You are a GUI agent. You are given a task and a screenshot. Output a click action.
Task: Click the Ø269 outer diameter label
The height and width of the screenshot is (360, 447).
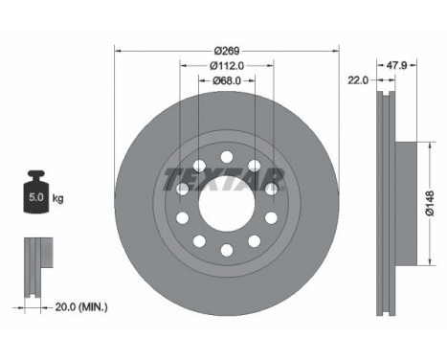click(227, 50)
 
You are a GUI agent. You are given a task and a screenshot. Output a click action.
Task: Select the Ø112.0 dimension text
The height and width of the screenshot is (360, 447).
click(227, 66)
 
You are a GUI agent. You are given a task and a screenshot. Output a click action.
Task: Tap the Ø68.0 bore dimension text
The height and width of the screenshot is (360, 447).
click(227, 81)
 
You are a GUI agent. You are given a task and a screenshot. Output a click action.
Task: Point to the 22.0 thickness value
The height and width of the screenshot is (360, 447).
click(359, 82)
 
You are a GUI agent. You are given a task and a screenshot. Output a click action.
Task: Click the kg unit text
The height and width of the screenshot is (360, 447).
click(57, 199)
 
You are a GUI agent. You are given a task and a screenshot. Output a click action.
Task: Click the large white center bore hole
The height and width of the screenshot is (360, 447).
click(226, 202)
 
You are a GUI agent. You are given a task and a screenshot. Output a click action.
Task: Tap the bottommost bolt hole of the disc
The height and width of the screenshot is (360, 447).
click(226, 251)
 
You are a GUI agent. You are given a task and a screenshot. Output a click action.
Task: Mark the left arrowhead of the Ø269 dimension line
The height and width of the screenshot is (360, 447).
click(118, 50)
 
